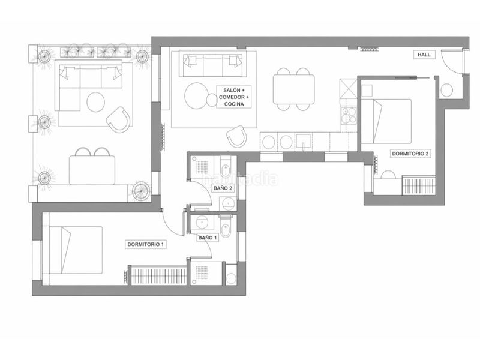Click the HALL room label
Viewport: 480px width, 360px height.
(x=424, y=55)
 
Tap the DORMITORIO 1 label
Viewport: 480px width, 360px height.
(x=146, y=244)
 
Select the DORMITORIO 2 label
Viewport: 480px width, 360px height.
(x=410, y=154)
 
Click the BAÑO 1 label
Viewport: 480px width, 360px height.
(x=208, y=238)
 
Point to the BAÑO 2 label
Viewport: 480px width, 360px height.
(x=223, y=188)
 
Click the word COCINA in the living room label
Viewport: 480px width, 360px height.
(x=234, y=104)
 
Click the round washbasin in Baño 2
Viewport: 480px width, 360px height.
(x=228, y=203)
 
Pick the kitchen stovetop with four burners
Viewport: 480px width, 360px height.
(x=349, y=115)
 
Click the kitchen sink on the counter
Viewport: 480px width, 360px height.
(x=303, y=142)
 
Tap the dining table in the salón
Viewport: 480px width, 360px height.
(x=294, y=89)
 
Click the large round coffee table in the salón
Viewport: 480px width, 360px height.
(x=197, y=95)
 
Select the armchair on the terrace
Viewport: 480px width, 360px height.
(x=118, y=119)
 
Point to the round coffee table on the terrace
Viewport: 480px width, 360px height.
(x=96, y=101)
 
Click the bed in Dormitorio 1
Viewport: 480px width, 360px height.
(x=76, y=250)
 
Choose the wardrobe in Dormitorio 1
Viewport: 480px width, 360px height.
(x=159, y=276)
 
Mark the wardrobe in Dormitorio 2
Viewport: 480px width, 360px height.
(x=419, y=185)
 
